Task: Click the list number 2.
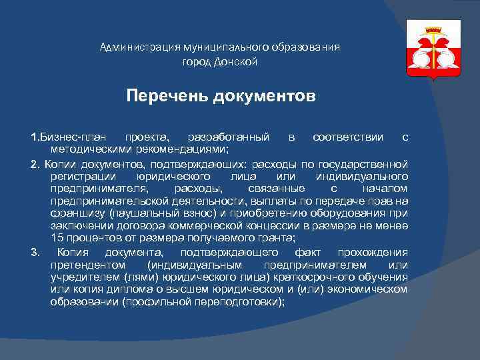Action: click(35, 164)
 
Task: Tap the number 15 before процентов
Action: click(57, 238)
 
